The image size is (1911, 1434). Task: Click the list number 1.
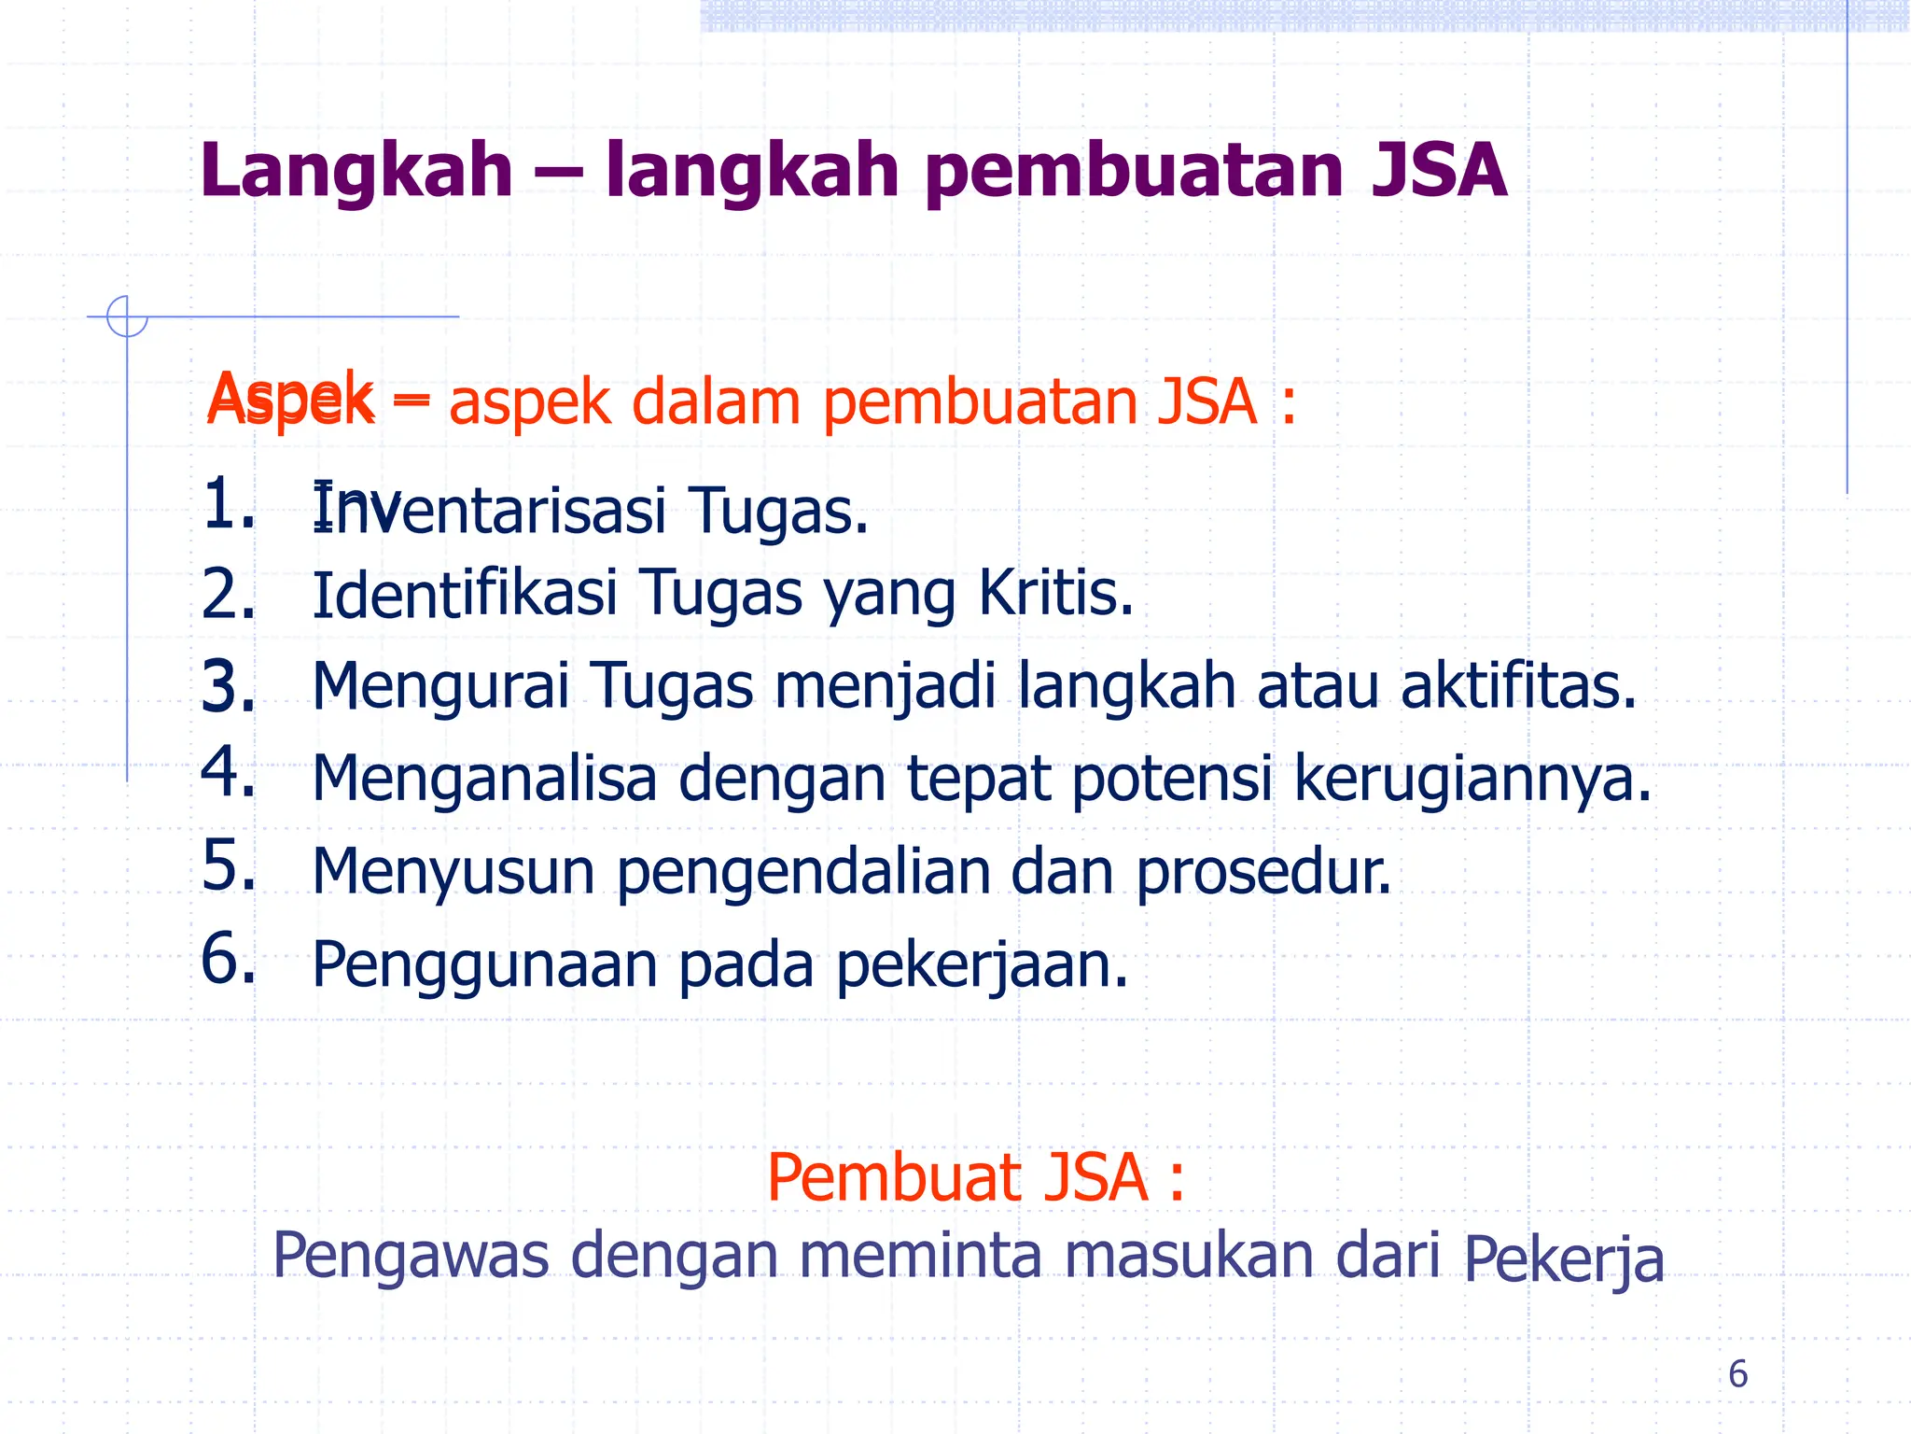228,504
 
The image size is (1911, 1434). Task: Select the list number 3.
228,687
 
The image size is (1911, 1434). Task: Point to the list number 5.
228,865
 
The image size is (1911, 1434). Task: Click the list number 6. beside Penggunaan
228,959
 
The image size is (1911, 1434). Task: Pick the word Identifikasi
465,595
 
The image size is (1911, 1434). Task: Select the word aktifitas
1518,685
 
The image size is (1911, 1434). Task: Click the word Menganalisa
484,780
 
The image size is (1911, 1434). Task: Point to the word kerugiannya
1472,780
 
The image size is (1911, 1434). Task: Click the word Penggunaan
484,966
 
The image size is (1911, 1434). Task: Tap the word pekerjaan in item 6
982,966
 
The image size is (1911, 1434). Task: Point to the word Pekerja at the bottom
1563,1260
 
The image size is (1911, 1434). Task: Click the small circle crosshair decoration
127,316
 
